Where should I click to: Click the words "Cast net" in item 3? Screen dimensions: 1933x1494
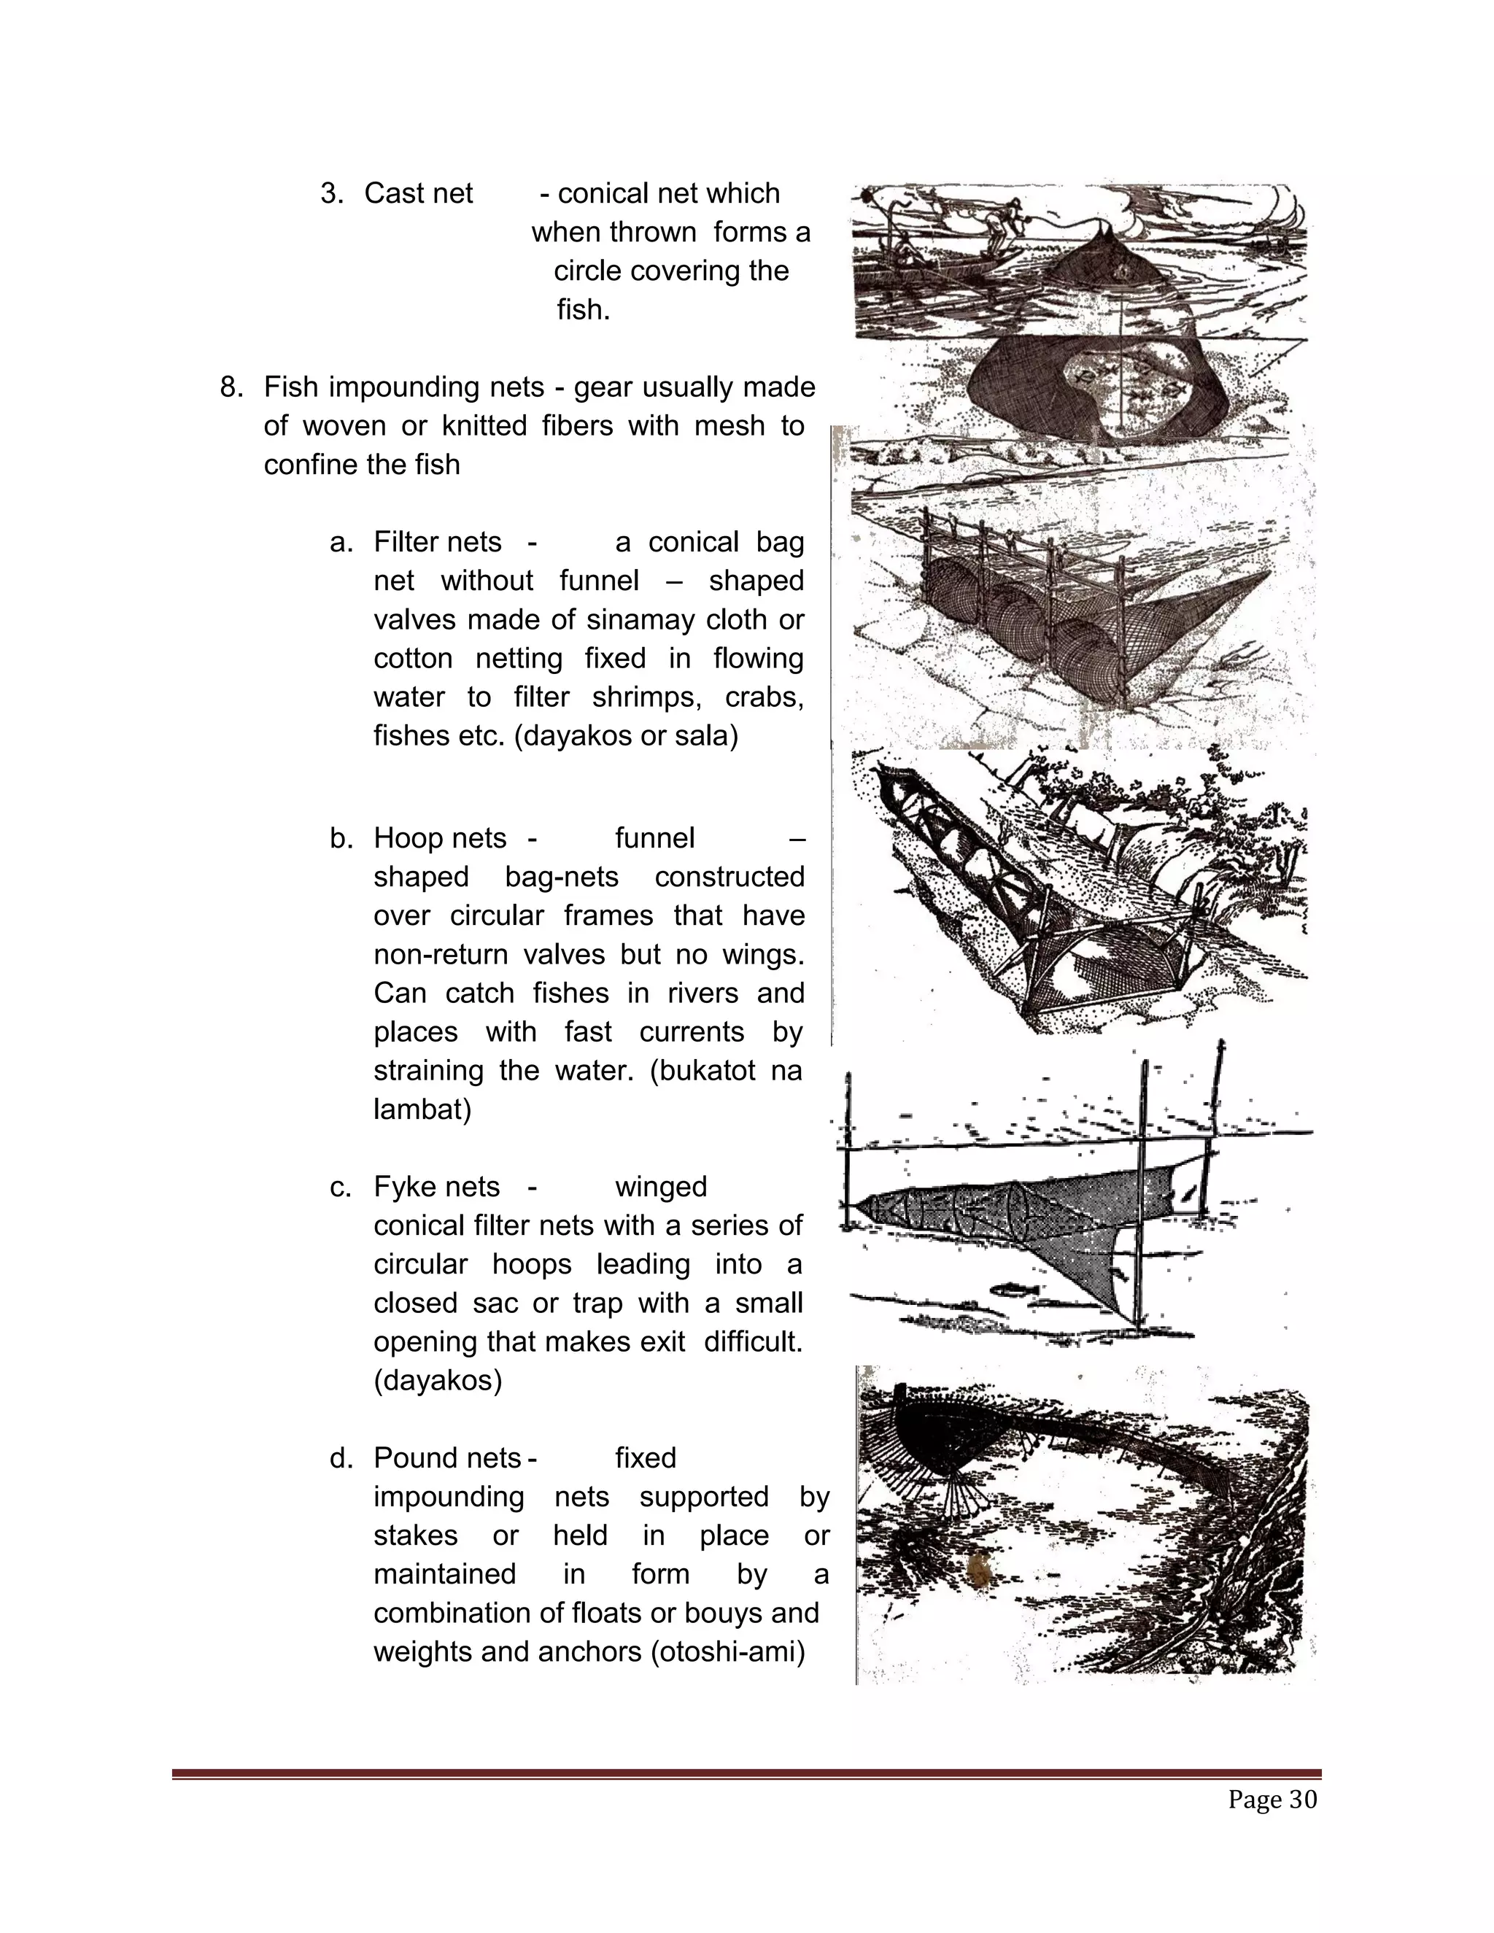pyautogui.click(x=418, y=194)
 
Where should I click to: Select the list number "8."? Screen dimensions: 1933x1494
pyautogui.click(x=232, y=387)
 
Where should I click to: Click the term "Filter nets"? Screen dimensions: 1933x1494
pyautogui.click(x=437, y=543)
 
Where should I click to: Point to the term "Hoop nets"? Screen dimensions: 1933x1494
pyautogui.click(x=440, y=838)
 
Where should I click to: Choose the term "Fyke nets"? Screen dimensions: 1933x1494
pyautogui.click(x=436, y=1187)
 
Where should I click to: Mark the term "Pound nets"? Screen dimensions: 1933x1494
pyautogui.click(x=447, y=1457)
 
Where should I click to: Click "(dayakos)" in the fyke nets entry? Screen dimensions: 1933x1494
pyautogui.click(x=437, y=1381)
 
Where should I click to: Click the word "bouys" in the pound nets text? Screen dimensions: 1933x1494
pyautogui.click(x=724, y=1613)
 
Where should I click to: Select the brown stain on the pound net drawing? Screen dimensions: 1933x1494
pyautogui.click(x=980, y=1571)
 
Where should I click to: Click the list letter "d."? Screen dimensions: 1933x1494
pyautogui.click(x=341, y=1457)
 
